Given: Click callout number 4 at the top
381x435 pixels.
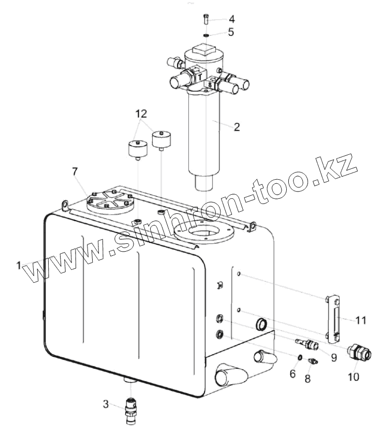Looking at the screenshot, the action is pos(231,19).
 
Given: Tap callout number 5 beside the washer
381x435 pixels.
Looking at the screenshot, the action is pos(231,32).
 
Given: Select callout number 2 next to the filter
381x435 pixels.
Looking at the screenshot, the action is pos(236,127).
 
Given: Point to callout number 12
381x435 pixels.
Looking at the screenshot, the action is pos(142,113).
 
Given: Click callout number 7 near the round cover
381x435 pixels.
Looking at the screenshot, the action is pos(76,171).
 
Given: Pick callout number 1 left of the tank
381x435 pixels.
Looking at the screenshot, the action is pos(19,265).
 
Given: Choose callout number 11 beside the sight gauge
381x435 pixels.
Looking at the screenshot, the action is pos(360,321).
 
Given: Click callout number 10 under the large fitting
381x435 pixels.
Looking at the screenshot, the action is pos(353,377).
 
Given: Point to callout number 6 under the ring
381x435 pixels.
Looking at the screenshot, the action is pos(292,373).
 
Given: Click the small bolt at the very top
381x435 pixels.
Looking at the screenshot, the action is pos(207,19).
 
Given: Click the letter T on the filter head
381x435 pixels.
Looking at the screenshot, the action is pos(199,76).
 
